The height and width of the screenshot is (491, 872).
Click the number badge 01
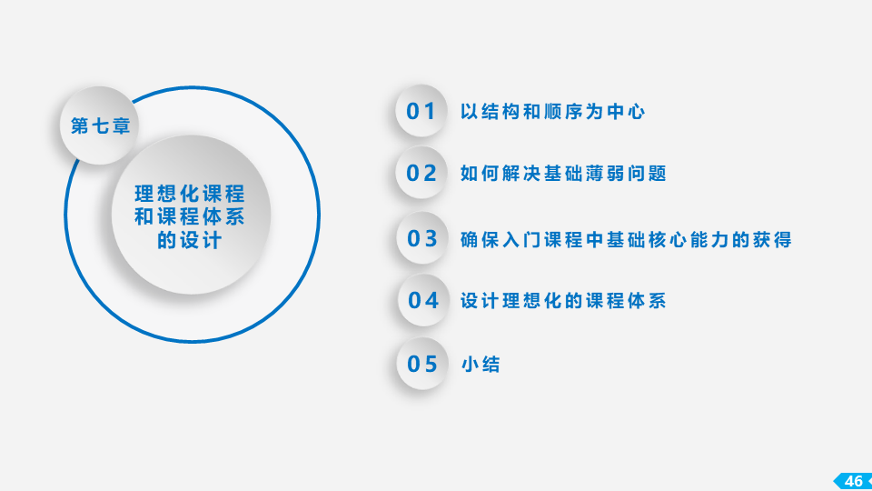(421, 111)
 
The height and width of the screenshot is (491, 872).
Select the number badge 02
(421, 173)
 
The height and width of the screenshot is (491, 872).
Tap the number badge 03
(422, 238)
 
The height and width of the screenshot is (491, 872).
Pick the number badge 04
(423, 300)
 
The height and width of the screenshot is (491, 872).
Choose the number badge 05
(422, 364)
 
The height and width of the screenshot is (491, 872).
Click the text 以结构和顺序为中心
(553, 111)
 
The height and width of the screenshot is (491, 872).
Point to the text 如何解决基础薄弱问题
(563, 173)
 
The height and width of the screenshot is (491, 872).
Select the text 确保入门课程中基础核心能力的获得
(626, 239)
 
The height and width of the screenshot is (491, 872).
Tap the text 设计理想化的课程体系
(563, 301)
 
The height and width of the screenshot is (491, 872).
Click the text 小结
(481, 364)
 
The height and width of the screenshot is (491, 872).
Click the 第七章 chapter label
(101, 125)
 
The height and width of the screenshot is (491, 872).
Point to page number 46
(854, 481)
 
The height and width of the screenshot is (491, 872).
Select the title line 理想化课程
(190, 194)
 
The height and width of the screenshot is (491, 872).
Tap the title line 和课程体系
(190, 216)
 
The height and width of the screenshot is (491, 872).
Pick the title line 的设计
(190, 240)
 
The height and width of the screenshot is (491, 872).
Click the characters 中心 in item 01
(626, 111)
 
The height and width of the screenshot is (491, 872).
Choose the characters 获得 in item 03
(772, 239)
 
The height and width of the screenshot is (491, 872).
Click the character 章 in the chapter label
(121, 125)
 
